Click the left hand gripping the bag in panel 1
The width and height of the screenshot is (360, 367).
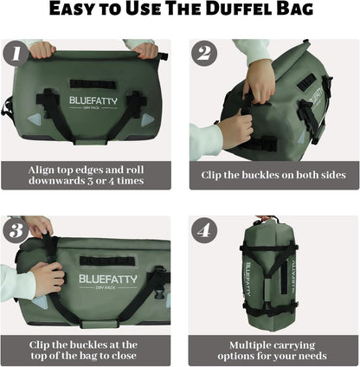pyautogui.click(x=42, y=49)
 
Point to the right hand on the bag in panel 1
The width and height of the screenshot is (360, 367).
pyautogui.click(x=145, y=49)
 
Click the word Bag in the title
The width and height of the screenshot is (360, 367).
pyautogui.click(x=298, y=13)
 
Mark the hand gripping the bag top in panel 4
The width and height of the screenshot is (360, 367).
pyautogui.click(x=265, y=220)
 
